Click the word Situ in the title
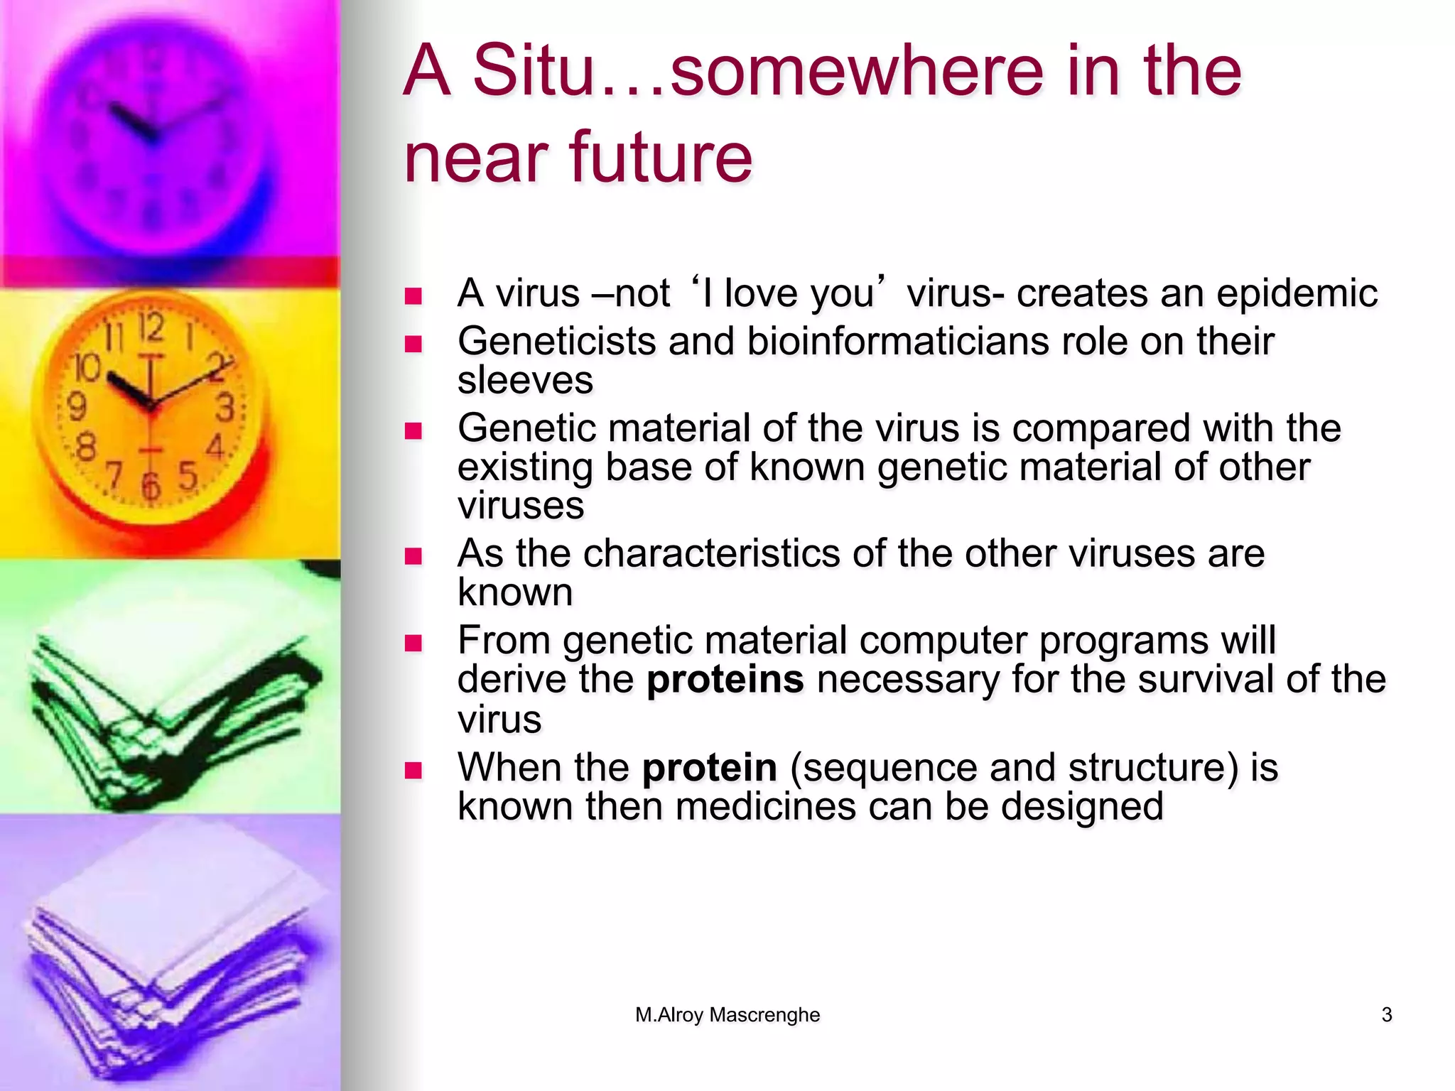point(532,71)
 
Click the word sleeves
point(525,381)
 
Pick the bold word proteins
point(725,680)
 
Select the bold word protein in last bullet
point(709,768)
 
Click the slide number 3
point(1386,1015)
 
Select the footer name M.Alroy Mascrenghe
point(727,1015)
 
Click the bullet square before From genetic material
point(413,644)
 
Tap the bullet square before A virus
point(413,296)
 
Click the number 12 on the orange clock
point(151,328)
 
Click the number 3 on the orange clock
point(225,408)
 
